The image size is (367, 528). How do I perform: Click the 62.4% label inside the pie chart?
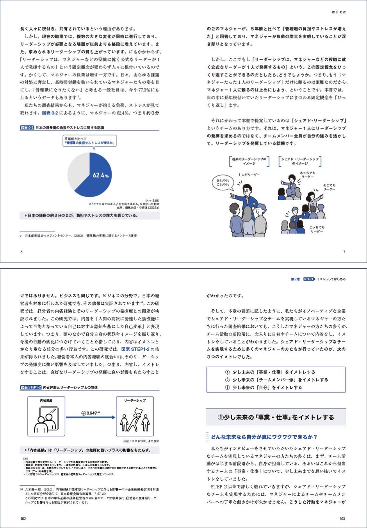tap(100, 176)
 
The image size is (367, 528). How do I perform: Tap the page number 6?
tap(21, 252)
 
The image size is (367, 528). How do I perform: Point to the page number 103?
tap(342, 519)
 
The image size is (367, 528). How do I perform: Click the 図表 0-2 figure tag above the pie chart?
tap(27, 128)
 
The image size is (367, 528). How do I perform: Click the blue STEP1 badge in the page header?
tap(309, 279)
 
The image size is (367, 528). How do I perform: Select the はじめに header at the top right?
tap(338, 12)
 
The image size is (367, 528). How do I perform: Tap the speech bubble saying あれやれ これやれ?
tap(223, 182)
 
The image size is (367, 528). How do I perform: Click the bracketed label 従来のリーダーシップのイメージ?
tap(249, 161)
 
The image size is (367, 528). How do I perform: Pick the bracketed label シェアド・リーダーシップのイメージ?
tap(300, 161)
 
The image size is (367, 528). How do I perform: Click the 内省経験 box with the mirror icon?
tap(46, 416)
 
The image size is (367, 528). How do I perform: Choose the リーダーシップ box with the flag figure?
tap(135, 416)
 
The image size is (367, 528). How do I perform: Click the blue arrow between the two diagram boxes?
tap(91, 417)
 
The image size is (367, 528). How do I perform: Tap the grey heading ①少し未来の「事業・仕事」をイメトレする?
tap(276, 417)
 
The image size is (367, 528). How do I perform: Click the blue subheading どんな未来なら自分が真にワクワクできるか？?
tap(264, 437)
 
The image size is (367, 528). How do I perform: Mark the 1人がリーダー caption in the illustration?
tap(249, 175)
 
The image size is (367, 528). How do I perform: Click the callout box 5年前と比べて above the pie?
tap(90, 141)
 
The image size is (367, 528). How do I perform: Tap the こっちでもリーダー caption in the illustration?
tap(317, 229)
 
